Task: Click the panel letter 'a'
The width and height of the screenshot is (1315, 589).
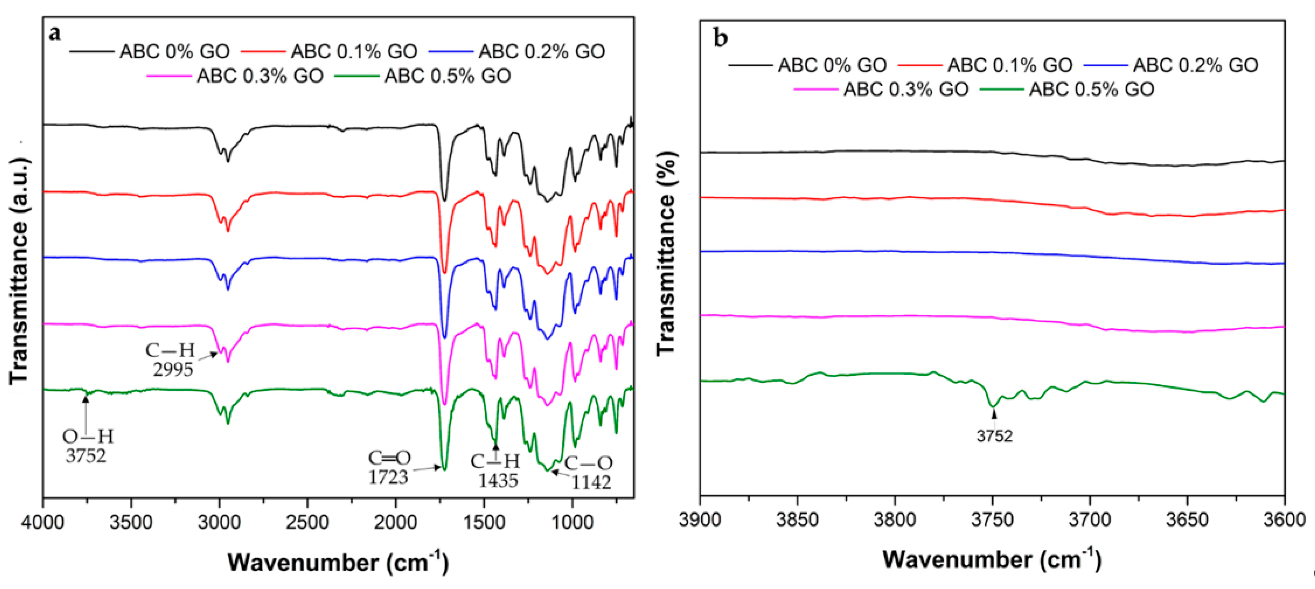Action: click(55, 34)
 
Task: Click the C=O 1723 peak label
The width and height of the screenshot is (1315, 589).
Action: click(389, 467)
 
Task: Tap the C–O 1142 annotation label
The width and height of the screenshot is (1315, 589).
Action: click(589, 472)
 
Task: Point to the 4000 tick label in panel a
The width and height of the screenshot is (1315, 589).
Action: click(43, 523)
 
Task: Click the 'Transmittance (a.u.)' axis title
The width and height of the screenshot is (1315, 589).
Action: click(19, 271)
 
